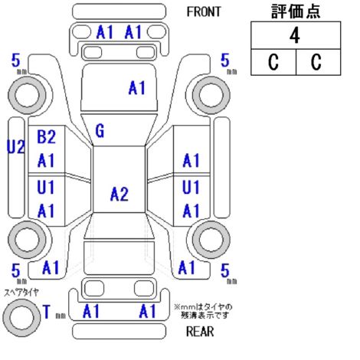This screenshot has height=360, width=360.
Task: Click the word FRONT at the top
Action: click(204, 11)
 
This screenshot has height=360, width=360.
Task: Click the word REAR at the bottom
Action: click(200, 332)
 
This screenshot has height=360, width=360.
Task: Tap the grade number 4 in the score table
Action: click(295, 36)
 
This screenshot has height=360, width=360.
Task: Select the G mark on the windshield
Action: click(100, 131)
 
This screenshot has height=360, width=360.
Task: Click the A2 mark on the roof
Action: click(119, 194)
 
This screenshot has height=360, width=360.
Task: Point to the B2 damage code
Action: click(46, 136)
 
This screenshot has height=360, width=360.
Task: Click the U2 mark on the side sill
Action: click(16, 147)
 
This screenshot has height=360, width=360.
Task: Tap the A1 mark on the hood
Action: click(137, 88)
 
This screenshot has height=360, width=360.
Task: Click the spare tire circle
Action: click(21, 318)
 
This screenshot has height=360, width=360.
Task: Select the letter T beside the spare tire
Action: click(47, 312)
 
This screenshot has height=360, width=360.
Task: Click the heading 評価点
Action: click(296, 11)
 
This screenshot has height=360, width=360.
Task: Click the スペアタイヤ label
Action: click(21, 293)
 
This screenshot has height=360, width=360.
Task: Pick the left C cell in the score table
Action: click(273, 62)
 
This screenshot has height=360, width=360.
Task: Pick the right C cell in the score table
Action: click(318, 62)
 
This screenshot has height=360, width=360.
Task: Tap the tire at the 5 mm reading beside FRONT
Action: click(211, 96)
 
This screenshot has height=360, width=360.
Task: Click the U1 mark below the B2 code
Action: click(46, 187)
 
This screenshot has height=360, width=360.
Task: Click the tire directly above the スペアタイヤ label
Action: click(27, 240)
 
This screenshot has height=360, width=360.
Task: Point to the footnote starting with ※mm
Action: click(203, 311)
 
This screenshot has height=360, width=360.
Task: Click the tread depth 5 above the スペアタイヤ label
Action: click(16, 271)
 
